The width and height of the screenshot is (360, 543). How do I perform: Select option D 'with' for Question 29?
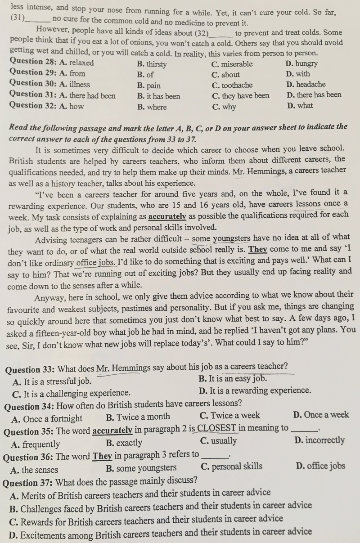(298, 74)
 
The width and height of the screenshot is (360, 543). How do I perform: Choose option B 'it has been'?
(158, 96)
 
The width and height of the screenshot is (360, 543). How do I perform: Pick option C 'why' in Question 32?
(224, 107)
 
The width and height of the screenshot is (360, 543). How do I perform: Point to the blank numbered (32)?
(221, 34)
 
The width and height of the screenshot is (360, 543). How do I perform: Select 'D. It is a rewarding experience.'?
(254, 390)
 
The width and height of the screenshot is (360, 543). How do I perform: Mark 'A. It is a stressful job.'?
(52, 381)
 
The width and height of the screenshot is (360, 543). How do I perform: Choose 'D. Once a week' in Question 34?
(320, 414)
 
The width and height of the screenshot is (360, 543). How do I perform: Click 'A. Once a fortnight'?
(47, 419)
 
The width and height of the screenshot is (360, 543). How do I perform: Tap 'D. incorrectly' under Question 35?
(319, 440)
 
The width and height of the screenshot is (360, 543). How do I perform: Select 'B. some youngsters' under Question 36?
(141, 468)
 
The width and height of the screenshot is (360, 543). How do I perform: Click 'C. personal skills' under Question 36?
(232, 467)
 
